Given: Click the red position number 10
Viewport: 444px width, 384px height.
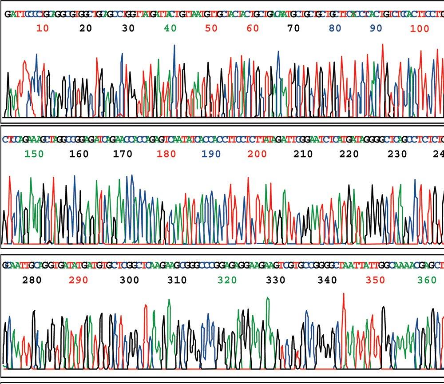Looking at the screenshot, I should (x=43, y=29).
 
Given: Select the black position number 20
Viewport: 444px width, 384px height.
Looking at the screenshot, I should (x=85, y=29).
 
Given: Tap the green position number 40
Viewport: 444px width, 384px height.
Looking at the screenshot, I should (x=170, y=29).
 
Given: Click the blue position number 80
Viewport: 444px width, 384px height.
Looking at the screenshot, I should (x=335, y=29).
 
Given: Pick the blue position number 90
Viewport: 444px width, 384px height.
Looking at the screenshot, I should (x=376, y=29).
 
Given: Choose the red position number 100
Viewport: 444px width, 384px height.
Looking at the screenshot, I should (x=420, y=29).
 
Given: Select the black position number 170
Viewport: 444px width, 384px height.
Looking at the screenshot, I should (x=123, y=154).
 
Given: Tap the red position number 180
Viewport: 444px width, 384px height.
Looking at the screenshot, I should (x=166, y=154).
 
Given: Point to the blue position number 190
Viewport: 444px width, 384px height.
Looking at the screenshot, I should (x=211, y=154).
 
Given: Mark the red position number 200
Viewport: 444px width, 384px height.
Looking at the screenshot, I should (x=257, y=154).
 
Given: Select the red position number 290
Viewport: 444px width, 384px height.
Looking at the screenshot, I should (x=79, y=280).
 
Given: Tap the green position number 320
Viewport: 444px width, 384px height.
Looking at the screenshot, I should (x=227, y=280).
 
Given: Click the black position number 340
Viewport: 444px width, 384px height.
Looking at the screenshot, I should (x=327, y=280).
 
